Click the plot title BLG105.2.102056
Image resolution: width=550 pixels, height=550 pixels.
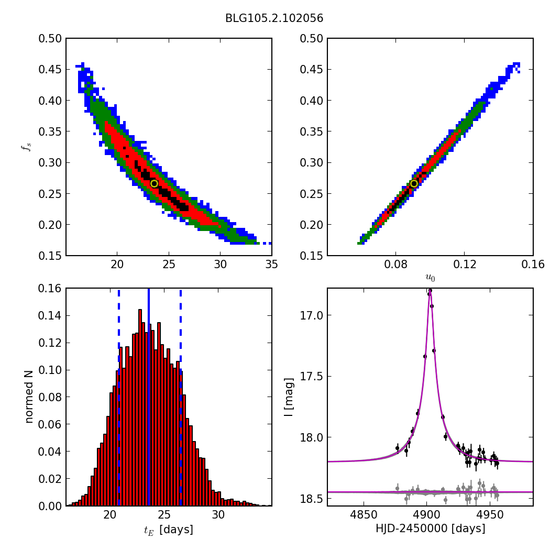274,18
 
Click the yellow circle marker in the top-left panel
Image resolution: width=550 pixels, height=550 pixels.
154,183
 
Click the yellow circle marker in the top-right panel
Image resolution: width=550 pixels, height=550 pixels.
414,183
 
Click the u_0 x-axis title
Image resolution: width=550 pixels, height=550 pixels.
430,278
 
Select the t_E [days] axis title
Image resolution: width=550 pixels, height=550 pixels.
169,530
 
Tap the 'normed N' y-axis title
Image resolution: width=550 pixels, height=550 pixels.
29,397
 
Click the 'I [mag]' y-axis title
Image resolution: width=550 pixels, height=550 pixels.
288,397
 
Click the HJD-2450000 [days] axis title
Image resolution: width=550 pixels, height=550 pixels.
430,529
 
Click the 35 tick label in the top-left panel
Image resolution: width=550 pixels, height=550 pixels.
271,265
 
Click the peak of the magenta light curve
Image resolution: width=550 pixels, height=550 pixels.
430,290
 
